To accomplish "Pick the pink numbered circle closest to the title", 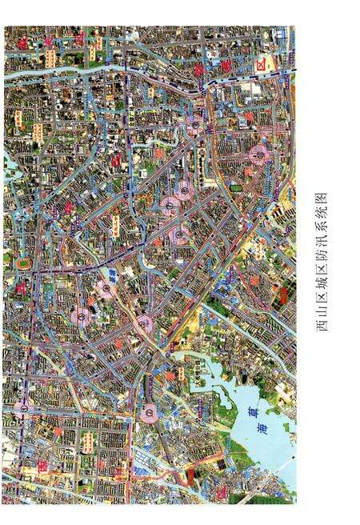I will tap(258, 154).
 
